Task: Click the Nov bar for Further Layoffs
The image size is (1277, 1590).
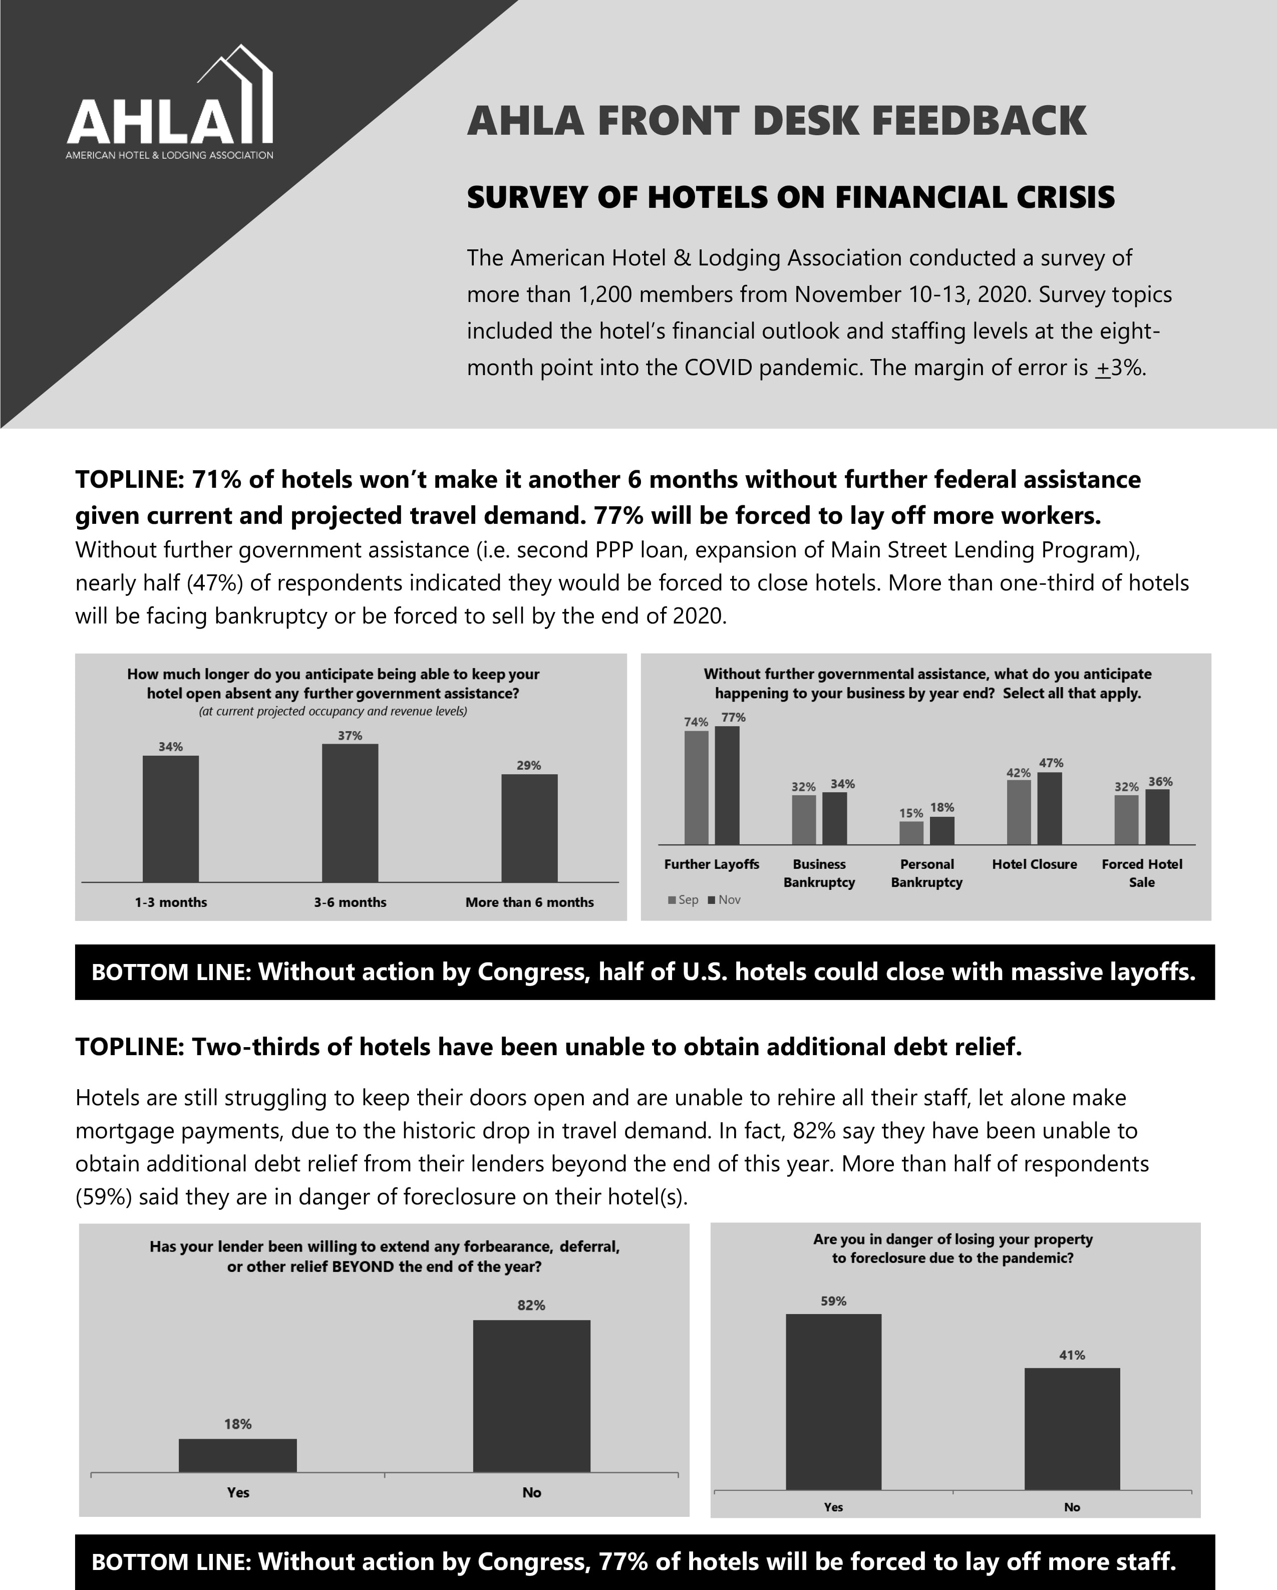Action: [727, 785]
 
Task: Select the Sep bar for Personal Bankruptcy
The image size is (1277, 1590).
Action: [911, 833]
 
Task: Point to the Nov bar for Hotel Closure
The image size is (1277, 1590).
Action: [1050, 808]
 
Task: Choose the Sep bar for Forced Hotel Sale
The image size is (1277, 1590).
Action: [1126, 819]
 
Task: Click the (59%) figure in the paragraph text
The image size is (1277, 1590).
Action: [103, 1196]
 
